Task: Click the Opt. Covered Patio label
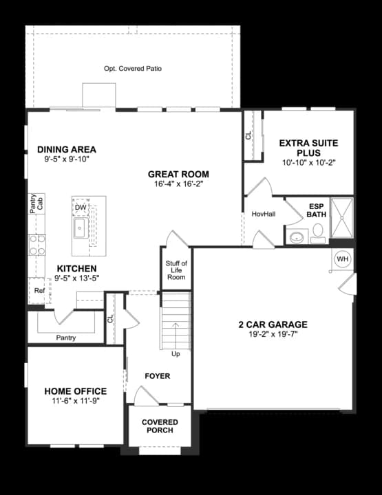tap(133, 69)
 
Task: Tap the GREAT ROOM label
tap(178, 174)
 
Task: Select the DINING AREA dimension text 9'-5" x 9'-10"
tap(67, 159)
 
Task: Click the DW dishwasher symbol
tap(81, 208)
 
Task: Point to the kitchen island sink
tap(80, 228)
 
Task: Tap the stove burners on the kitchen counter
tap(37, 245)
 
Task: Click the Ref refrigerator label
tap(39, 290)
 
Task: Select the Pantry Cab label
tap(36, 203)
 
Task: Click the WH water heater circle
tap(343, 259)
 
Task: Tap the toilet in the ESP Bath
tap(317, 234)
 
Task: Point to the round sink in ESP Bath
tap(297, 236)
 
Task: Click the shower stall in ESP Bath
tap(341, 218)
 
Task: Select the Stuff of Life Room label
tap(176, 270)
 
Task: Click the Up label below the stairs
tap(176, 354)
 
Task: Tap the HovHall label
tap(264, 214)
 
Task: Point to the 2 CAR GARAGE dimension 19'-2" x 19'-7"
tap(273, 334)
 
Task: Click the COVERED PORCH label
tap(160, 426)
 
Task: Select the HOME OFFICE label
tap(76, 391)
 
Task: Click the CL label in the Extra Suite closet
tap(248, 135)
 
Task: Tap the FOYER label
tap(158, 376)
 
